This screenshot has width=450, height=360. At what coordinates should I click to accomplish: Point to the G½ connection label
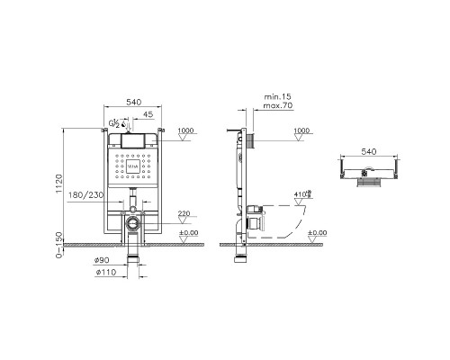click(114, 121)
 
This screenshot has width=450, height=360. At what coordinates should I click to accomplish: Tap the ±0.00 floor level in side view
click(318, 233)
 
